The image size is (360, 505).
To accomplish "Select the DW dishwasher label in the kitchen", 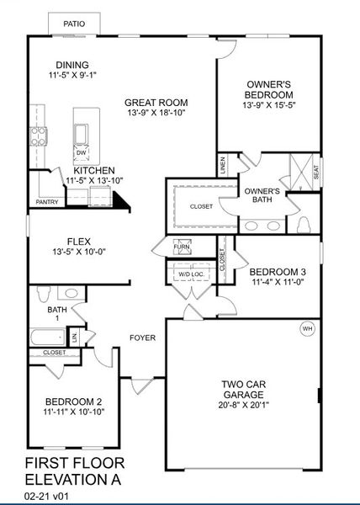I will (81, 152).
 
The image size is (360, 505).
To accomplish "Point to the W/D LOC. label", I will (191, 274).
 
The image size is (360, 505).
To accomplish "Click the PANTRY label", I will (46, 202).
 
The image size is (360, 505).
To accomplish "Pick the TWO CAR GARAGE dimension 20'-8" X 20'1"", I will (245, 404).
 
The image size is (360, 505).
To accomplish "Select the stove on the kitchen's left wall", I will (37, 136).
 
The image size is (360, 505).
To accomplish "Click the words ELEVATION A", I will (74, 480).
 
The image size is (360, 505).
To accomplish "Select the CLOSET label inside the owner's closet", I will (201, 206).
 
